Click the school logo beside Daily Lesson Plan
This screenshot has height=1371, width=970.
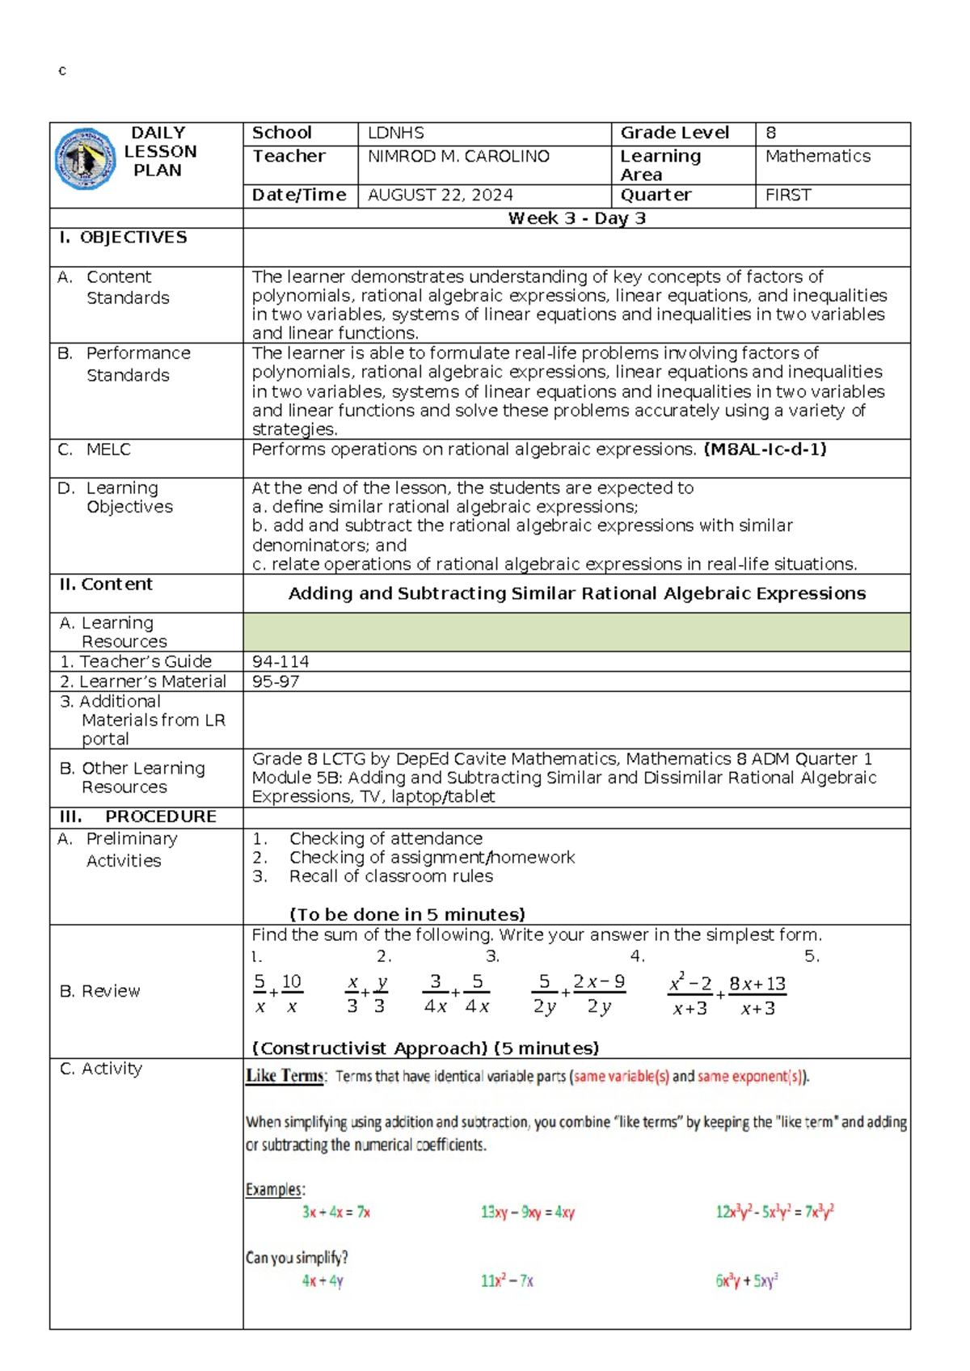[84, 159]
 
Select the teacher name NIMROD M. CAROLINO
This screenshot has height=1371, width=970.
[458, 156]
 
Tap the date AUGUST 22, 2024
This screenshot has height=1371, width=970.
[440, 195]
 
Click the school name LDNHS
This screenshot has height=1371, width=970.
[395, 133]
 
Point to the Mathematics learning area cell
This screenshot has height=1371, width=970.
[817, 156]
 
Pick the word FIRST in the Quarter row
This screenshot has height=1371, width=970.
[787, 195]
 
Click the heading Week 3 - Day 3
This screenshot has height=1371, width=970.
[576, 218]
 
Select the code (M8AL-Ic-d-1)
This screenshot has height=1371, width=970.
[765, 449]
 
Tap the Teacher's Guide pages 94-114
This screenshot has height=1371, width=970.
[280, 661]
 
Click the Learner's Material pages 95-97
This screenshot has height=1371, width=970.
[276, 681]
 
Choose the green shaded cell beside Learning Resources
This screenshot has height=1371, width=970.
[576, 632]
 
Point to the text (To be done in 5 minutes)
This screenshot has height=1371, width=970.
[407, 914]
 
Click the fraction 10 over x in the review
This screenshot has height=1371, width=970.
[292, 993]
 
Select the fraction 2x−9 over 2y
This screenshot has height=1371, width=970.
[599, 993]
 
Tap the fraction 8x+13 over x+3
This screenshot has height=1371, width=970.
[757, 995]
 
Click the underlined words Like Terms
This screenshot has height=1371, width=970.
[285, 1076]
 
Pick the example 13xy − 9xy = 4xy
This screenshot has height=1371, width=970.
[527, 1212]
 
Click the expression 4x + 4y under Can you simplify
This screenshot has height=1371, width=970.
[323, 1280]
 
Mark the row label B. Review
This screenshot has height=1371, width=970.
[100, 991]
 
